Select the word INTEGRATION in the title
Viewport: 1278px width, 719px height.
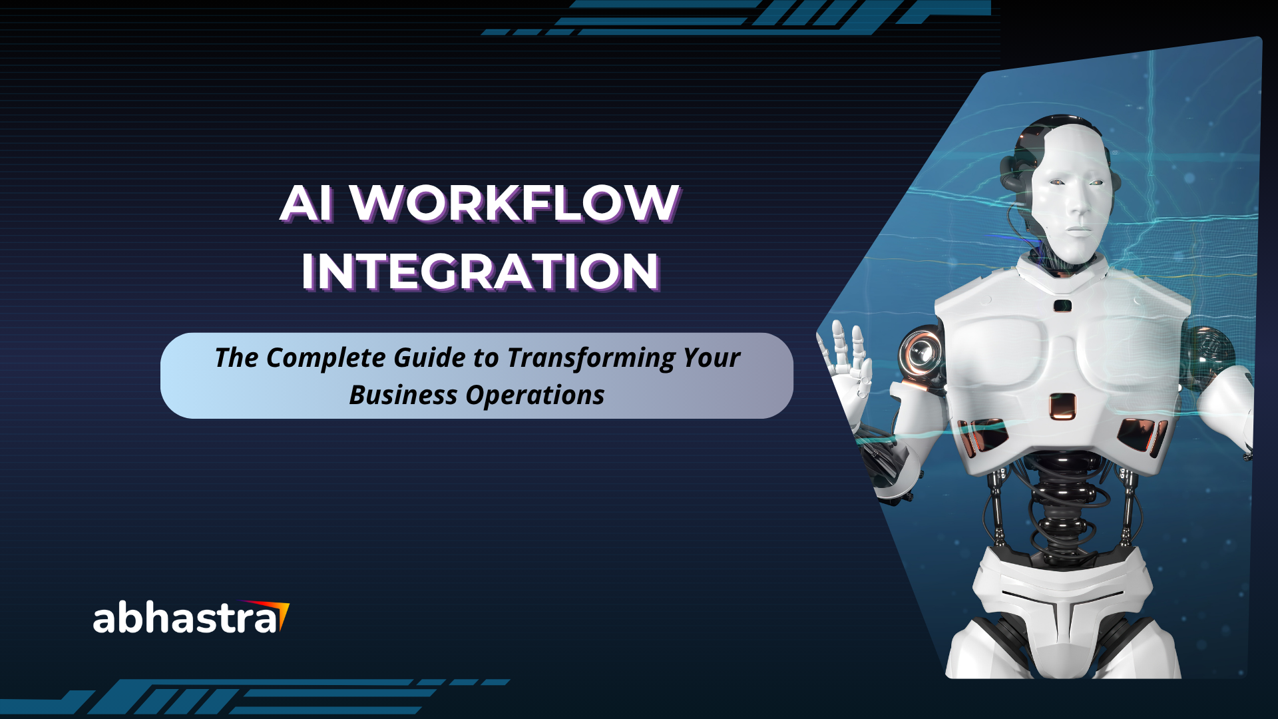[481, 272]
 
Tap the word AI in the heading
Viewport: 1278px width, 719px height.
[307, 203]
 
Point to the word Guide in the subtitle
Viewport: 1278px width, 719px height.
[429, 358]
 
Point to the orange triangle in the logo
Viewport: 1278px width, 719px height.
[281, 614]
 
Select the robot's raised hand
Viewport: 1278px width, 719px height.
[843, 365]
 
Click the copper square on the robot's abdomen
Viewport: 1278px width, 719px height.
[1062, 406]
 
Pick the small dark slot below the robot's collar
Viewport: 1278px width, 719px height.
[1062, 306]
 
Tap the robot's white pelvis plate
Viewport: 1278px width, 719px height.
[1063, 593]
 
